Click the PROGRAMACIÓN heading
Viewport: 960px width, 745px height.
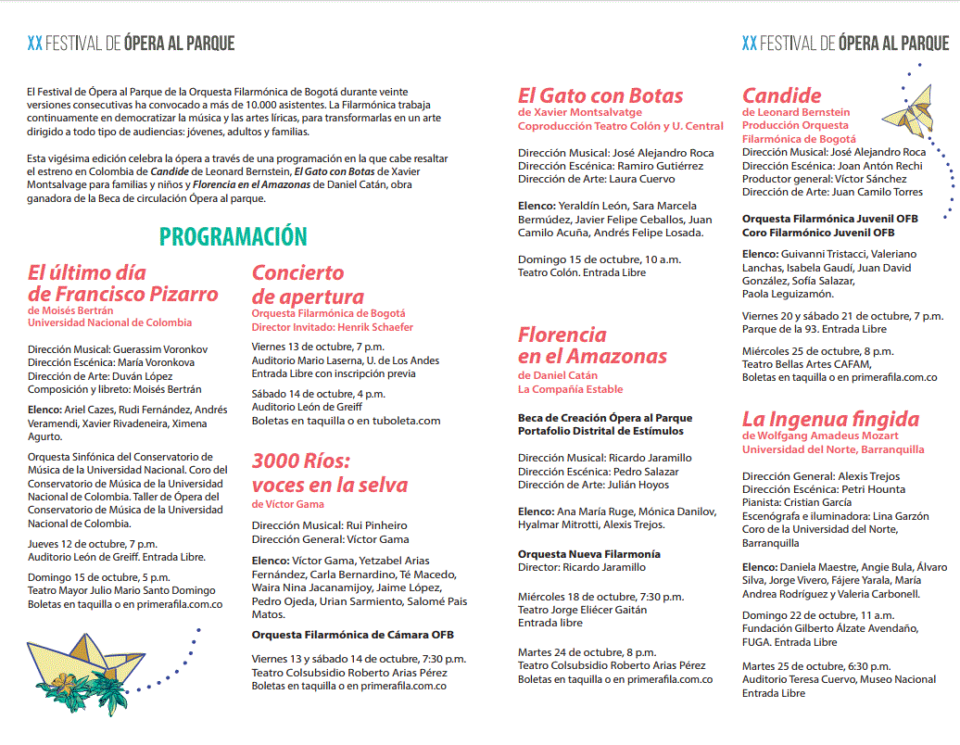[233, 236]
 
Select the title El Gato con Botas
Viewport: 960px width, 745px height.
[600, 95]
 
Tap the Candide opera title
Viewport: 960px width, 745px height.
[781, 95]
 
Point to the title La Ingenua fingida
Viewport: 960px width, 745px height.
[830, 419]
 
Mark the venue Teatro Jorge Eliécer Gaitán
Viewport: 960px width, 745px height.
[582, 610]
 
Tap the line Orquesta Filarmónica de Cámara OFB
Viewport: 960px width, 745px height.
[352, 635]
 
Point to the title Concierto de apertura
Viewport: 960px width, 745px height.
[308, 284]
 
